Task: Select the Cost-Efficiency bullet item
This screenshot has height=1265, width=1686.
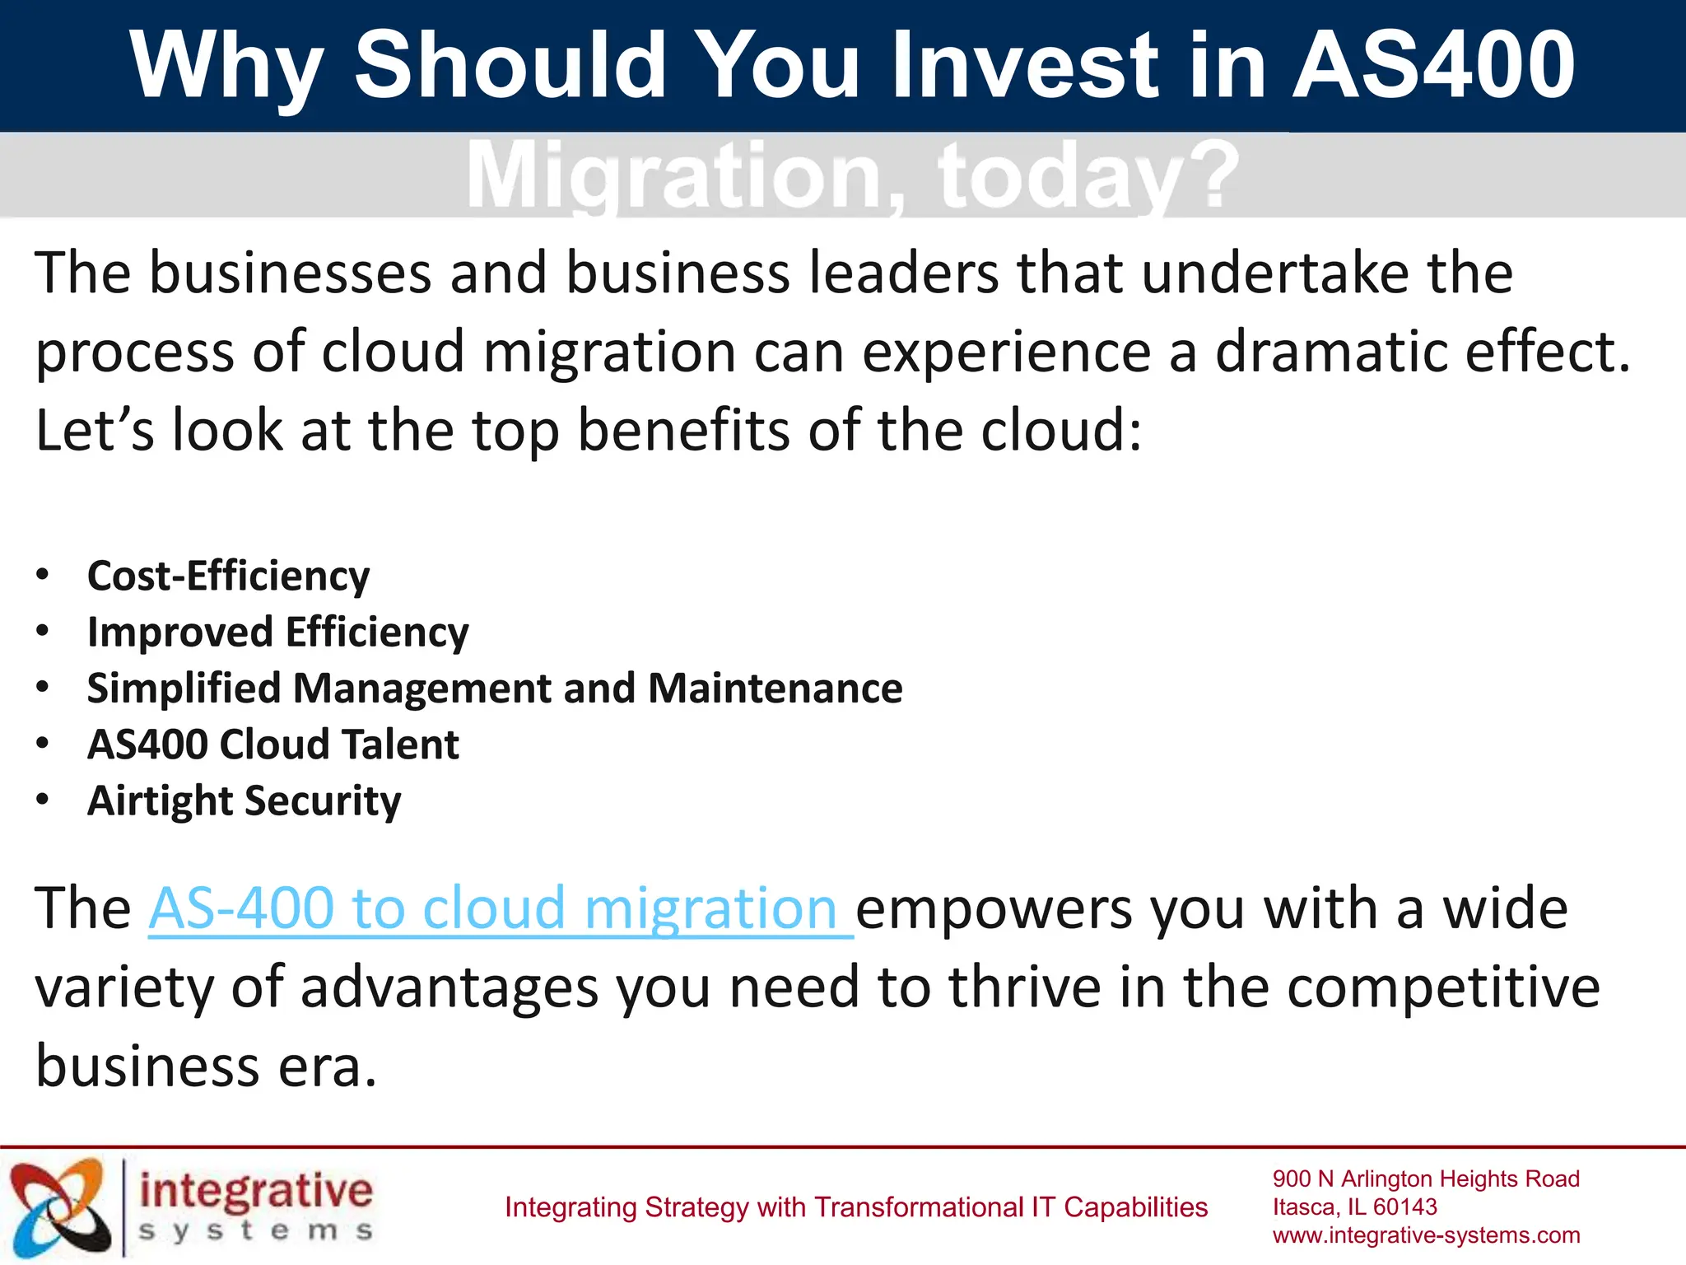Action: coord(228,576)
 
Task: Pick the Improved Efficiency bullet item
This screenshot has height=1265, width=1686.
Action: coord(277,632)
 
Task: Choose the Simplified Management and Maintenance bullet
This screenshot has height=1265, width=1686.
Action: coord(494,689)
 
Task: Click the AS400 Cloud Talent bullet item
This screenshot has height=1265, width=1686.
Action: coord(272,745)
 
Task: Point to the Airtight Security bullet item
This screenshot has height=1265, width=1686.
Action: coord(244,801)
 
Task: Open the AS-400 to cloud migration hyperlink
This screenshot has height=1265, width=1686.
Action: coord(501,908)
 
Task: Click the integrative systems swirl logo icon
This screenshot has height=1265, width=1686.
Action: coord(60,1207)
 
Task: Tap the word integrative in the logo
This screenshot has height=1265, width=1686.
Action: coord(256,1192)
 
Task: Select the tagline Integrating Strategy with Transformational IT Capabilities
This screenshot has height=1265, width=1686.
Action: coord(855,1207)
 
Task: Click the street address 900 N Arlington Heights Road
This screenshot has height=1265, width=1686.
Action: coord(1426,1179)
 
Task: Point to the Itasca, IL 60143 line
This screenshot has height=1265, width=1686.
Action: coord(1354,1207)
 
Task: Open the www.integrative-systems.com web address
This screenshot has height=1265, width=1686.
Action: coord(1426,1235)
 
